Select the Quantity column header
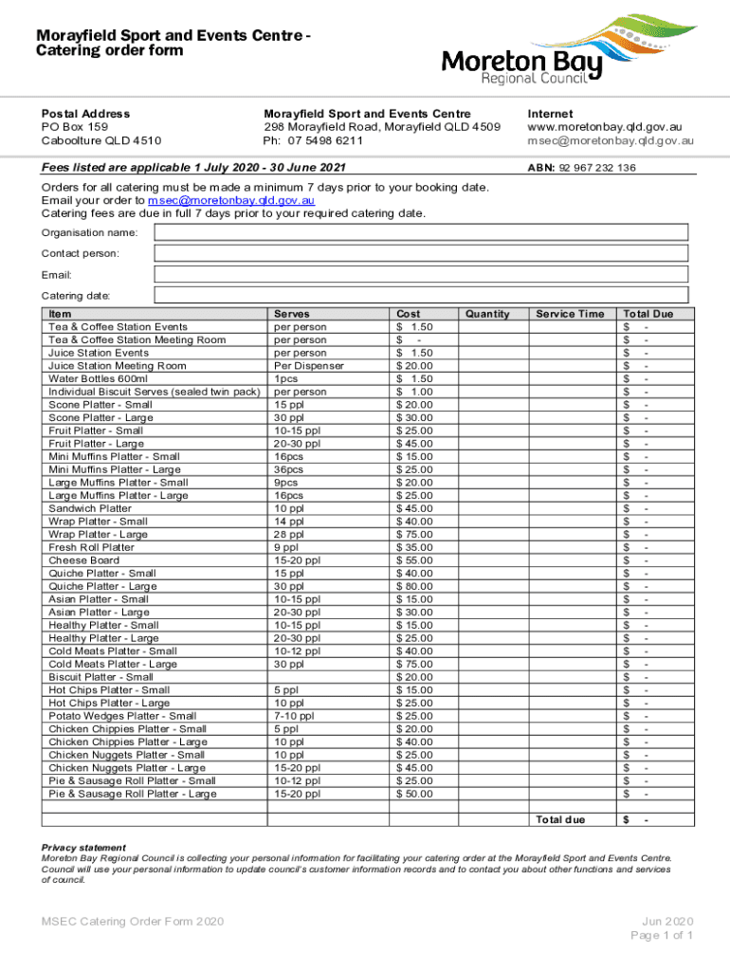487,314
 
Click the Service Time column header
570,314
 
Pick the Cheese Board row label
83,560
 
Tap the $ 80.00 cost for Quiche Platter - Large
415,586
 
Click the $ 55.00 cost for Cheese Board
415,560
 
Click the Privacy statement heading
83,848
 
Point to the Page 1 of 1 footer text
663,936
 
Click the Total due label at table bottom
560,819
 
